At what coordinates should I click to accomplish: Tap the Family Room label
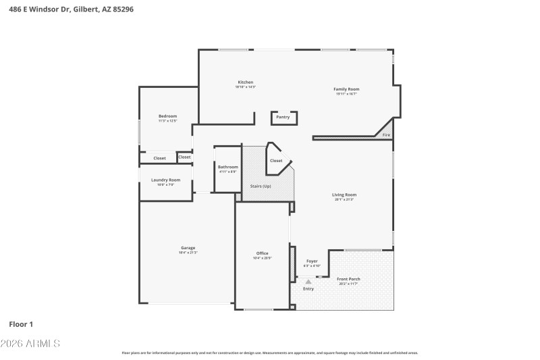click(346, 89)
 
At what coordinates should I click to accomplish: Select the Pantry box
click(283, 118)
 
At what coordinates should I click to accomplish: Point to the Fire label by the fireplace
click(386, 135)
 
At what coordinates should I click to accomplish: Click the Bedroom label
click(167, 116)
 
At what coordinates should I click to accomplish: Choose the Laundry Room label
click(165, 180)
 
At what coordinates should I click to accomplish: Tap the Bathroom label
click(227, 167)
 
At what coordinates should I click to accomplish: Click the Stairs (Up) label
click(261, 186)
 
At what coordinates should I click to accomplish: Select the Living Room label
click(344, 195)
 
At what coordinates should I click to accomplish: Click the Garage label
click(188, 248)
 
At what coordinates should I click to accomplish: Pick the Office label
click(262, 253)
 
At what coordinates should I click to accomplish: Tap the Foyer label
click(312, 261)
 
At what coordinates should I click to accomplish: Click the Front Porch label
click(349, 279)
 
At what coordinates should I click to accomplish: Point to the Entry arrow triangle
click(308, 282)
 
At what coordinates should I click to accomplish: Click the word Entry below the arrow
click(308, 288)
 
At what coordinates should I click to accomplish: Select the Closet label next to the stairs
click(276, 161)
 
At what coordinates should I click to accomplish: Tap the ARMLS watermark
click(31, 344)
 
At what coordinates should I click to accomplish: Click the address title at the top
click(65, 9)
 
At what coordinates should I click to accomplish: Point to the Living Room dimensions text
click(344, 199)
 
